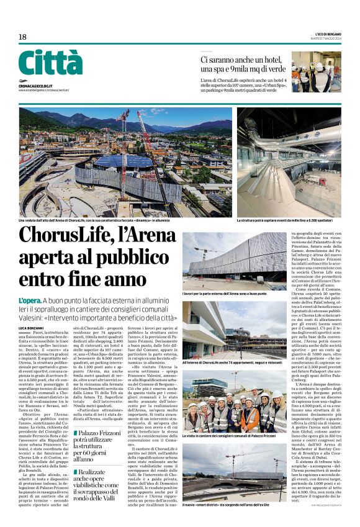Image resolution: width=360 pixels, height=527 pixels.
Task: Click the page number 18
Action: (22, 37)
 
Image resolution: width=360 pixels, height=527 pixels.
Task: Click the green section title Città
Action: (50, 63)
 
